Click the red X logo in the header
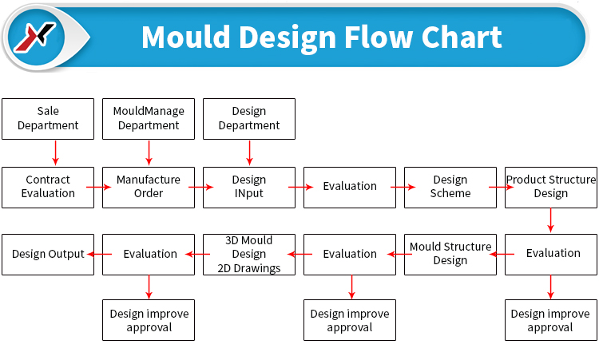[x=35, y=37]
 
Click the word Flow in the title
[x=379, y=38]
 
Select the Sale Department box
[x=48, y=119]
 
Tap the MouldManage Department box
[x=149, y=119]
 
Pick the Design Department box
[x=249, y=119]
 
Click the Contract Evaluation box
[x=48, y=188]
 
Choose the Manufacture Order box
[x=149, y=188]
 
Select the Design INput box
[x=249, y=188]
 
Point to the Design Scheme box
[x=450, y=188]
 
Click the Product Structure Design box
[x=551, y=188]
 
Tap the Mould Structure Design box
[x=450, y=255]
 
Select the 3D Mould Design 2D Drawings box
[x=249, y=255]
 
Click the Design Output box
[x=48, y=255]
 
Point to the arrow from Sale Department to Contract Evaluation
[x=55, y=152]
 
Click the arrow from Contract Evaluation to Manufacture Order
[x=98, y=187]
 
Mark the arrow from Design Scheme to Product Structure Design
[x=502, y=187]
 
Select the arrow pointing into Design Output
[x=99, y=254]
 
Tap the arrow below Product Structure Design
[x=550, y=220]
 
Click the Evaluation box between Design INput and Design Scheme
[x=350, y=188]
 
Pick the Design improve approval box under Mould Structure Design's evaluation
[x=350, y=320]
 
